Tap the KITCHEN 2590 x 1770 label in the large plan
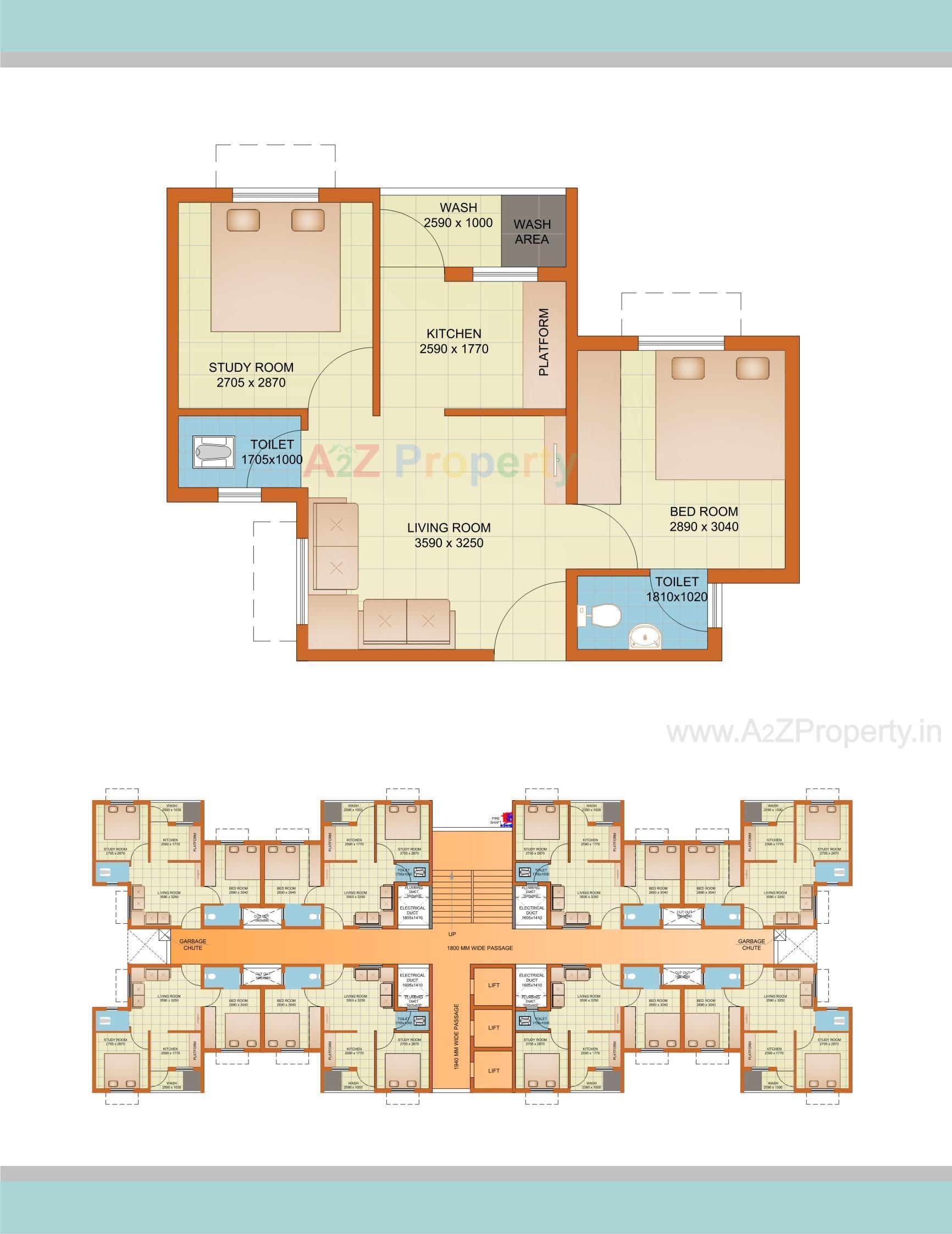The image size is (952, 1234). pyautogui.click(x=453, y=341)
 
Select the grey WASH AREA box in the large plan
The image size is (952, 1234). pyautogui.click(x=533, y=230)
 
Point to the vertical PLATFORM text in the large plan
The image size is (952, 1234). pyautogui.click(x=543, y=343)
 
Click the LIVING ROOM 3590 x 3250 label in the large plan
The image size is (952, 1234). pyautogui.click(x=449, y=535)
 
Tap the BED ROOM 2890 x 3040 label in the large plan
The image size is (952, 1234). pyautogui.click(x=704, y=519)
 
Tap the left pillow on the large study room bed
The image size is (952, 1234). pyautogui.click(x=243, y=220)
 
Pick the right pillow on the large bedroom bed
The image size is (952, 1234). pyautogui.click(x=752, y=368)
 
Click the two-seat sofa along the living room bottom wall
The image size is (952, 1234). pyautogui.click(x=407, y=622)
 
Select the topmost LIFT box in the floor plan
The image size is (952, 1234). pyautogui.click(x=494, y=985)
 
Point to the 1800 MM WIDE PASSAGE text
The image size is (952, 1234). pyautogui.click(x=479, y=947)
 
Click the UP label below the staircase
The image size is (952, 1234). pyautogui.click(x=452, y=934)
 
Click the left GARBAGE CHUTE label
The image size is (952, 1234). pyautogui.click(x=193, y=944)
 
